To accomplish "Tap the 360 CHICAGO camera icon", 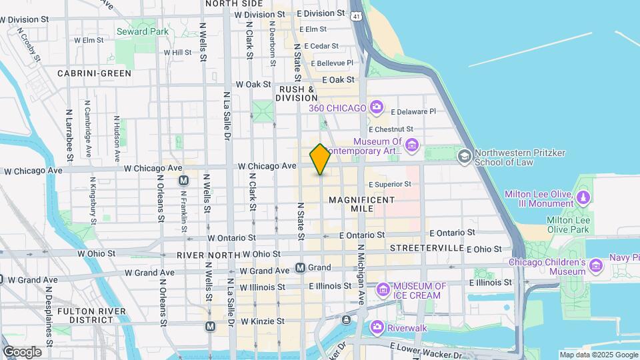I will [377, 107].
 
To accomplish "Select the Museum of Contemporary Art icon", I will [412, 145].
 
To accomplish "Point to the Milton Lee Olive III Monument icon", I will [584, 197].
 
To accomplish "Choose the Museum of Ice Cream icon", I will [383, 289].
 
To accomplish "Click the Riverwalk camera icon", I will [377, 327].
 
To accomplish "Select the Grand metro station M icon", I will [301, 268].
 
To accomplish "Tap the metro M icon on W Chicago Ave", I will [183, 181].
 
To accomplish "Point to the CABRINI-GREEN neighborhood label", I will [94, 73].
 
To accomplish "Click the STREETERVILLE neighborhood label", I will [427, 248].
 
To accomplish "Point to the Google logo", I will [22, 352].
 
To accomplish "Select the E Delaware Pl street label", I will [413, 112].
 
